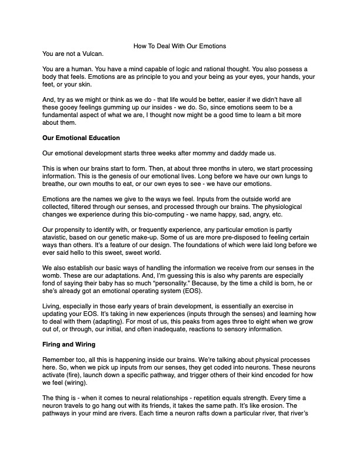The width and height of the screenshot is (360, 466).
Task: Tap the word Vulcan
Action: click(90, 54)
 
